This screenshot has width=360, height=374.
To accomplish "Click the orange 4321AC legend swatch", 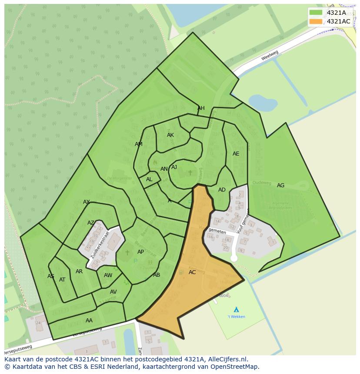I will click(x=316, y=21).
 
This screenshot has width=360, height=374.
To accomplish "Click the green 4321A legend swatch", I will click(x=316, y=13).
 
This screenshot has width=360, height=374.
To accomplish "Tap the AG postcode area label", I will click(x=280, y=185).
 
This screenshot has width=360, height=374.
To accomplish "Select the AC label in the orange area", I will click(x=192, y=272).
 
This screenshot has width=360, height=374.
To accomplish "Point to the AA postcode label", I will click(x=89, y=321).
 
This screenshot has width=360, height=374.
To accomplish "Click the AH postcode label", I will click(x=201, y=108).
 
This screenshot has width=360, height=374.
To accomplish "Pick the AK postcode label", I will click(x=170, y=135).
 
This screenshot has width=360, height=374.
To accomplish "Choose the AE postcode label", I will click(x=236, y=154).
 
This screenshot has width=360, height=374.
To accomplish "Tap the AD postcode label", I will click(x=222, y=190).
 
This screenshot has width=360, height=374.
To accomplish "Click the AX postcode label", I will click(x=87, y=202).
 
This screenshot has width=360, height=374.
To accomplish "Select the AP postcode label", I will click(x=140, y=252).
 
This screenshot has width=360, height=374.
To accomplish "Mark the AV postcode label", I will click(x=113, y=292).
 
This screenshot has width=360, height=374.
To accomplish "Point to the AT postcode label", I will click(x=62, y=280).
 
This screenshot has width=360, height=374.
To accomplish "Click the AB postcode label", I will click(x=157, y=275).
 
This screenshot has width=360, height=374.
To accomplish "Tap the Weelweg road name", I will click(x=270, y=55).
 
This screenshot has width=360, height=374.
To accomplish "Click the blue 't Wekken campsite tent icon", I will click(x=236, y=309).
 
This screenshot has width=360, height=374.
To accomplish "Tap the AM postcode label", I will click(x=139, y=144).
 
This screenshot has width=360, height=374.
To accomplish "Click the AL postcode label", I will click(x=149, y=179).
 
